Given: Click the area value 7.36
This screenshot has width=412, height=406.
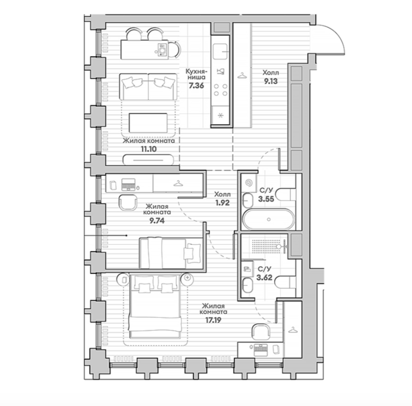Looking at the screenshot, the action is coord(196,86).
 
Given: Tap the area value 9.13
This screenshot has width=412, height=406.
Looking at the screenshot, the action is coord(271,81).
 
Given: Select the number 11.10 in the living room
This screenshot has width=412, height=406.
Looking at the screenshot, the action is coord(149,149).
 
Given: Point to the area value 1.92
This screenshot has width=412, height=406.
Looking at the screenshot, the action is coord(223,203).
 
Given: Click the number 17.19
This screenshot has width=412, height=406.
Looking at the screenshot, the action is coord(213,320).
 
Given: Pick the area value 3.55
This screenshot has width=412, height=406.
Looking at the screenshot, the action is coord(266,199).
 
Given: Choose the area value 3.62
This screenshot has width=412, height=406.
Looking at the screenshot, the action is coord(264,278).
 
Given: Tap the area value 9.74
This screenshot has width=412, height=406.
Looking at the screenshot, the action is coord(157,220).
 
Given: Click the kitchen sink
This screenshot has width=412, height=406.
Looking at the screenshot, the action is coord(220,52).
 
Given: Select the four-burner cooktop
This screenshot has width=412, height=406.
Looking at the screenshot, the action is coord(220,90).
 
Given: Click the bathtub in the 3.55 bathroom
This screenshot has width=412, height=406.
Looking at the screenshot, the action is coord(268,219).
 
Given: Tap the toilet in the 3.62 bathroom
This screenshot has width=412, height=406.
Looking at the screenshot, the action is coord(285,282).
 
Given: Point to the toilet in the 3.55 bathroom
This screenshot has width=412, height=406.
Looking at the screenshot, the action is coord(286,194).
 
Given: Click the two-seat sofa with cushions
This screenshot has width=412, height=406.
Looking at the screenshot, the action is coord(148,87).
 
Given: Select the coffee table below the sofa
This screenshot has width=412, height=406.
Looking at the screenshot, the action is coord(148,123).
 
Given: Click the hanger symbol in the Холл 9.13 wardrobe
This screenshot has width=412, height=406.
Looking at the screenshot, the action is coord(242,76).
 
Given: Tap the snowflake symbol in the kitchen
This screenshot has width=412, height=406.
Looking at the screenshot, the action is coord(220,115).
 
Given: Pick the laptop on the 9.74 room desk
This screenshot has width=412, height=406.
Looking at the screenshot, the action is coord(128,184).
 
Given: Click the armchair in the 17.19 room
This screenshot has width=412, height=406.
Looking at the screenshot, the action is coord(261,332).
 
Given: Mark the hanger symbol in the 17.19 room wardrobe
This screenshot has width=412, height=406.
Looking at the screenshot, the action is coord(293,329).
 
